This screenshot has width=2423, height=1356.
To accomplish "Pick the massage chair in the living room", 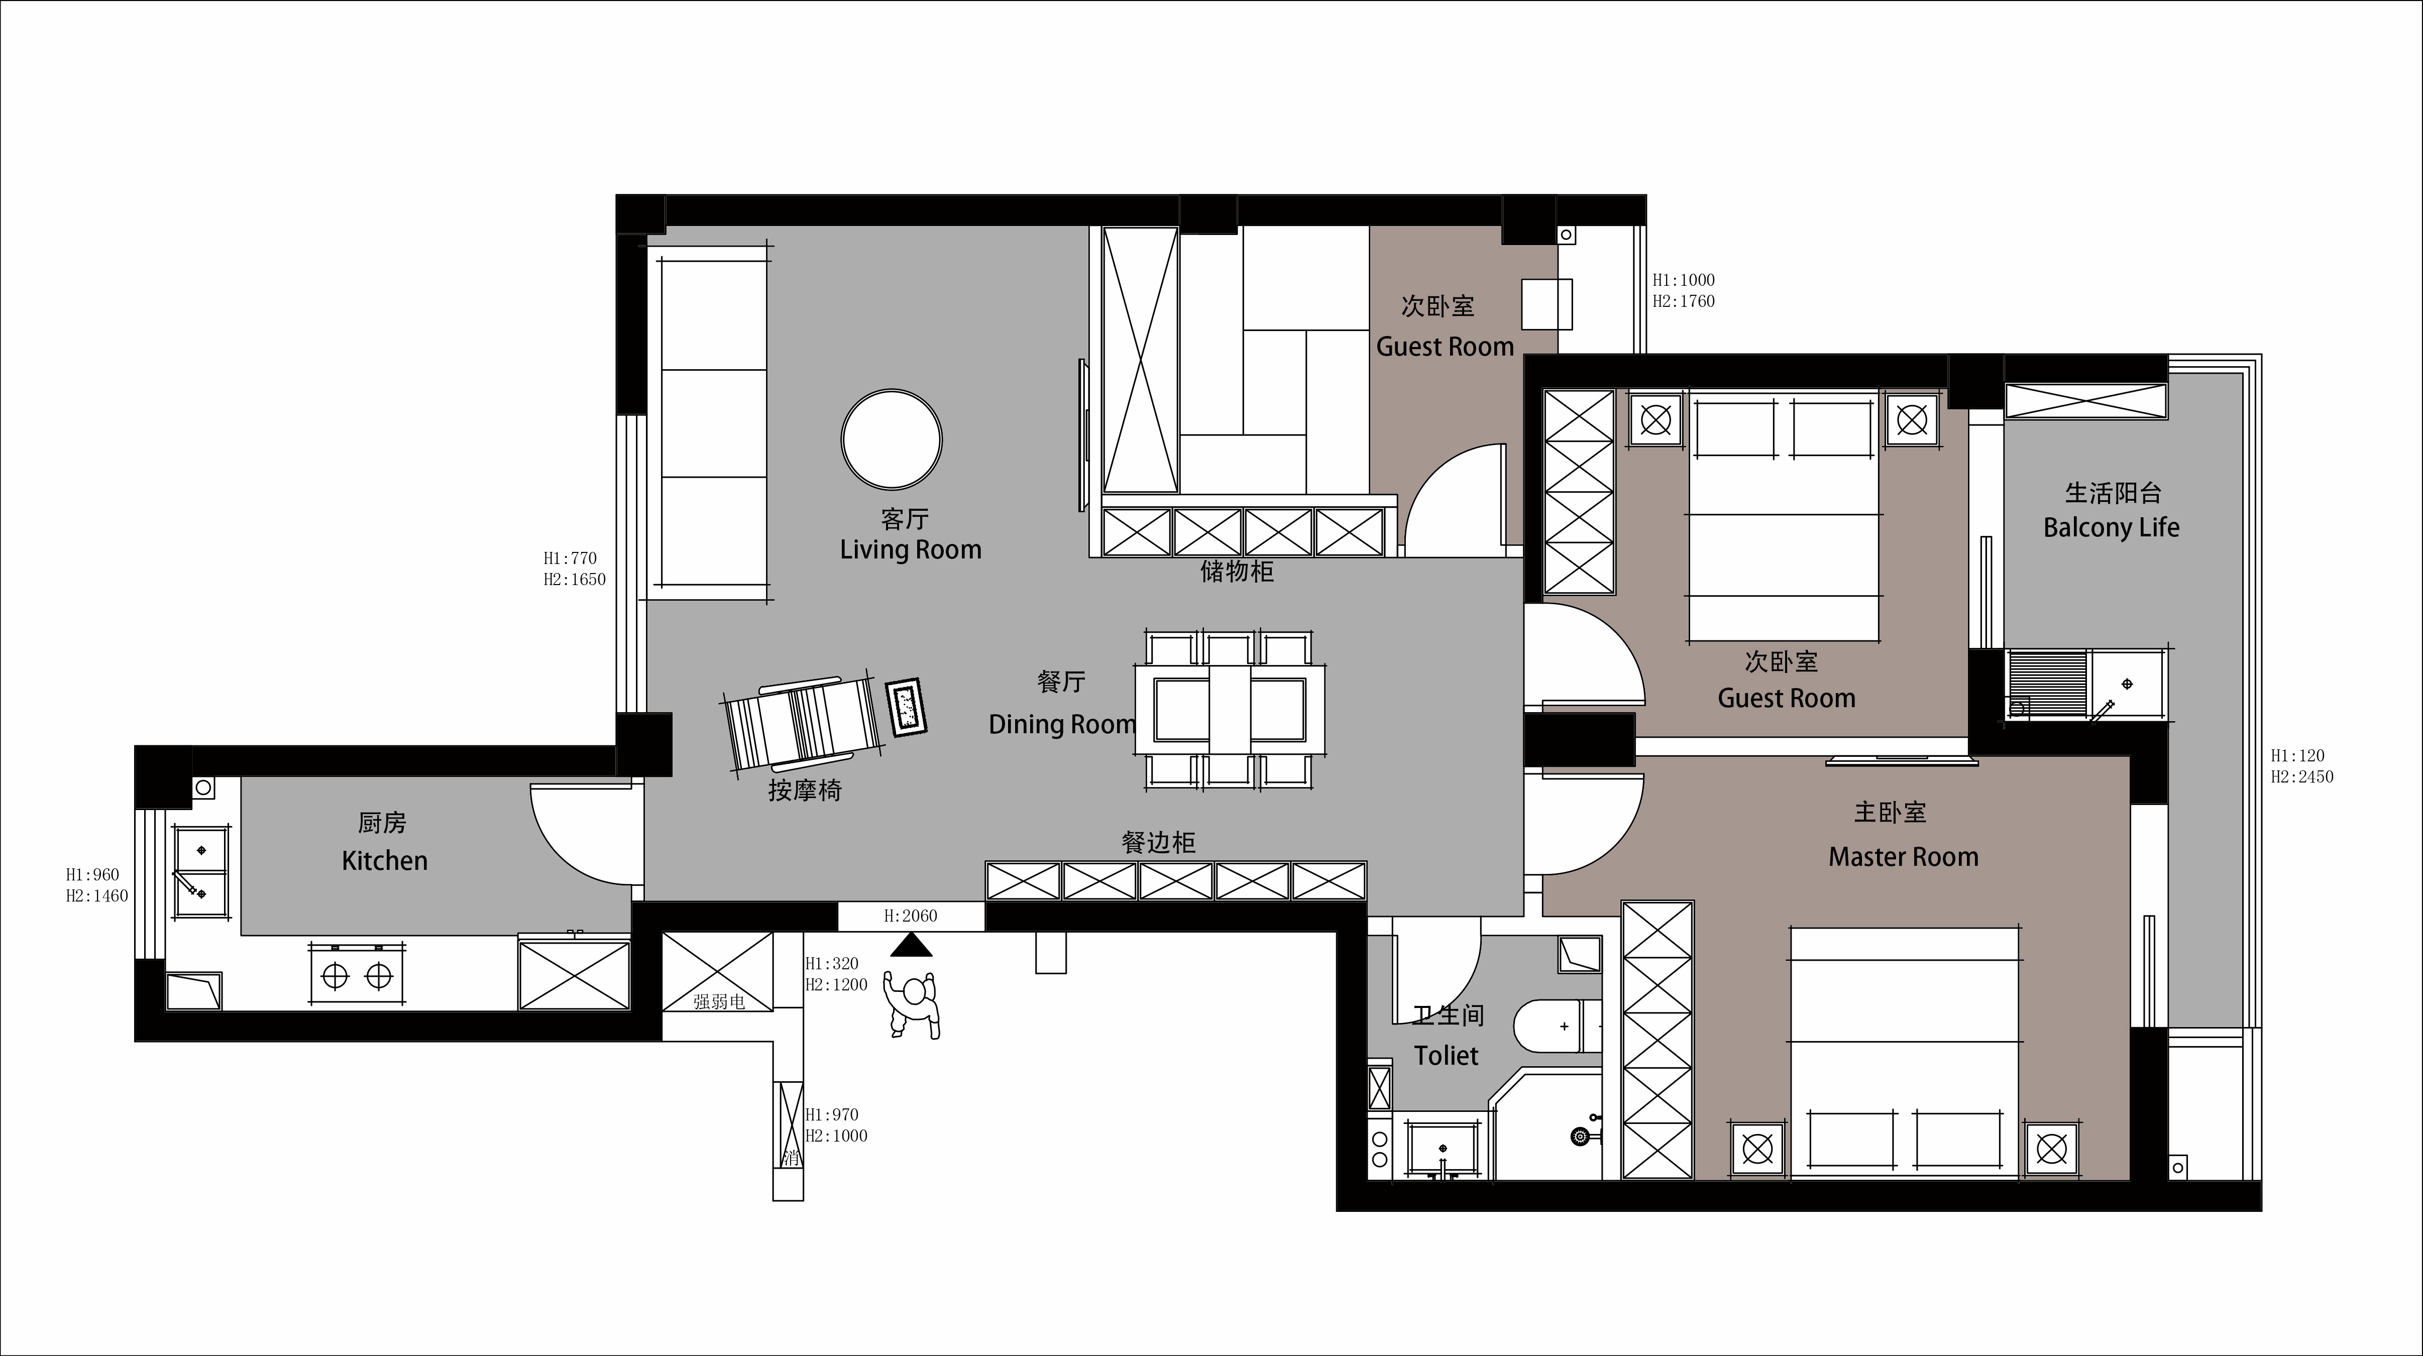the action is click(x=802, y=724).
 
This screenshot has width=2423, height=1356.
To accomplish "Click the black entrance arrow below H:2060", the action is click(x=911, y=945).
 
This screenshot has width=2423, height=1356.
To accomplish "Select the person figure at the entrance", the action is click(x=912, y=1004).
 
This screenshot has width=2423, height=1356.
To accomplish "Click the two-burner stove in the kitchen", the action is click(x=358, y=977).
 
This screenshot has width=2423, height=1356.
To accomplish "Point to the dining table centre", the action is click(x=1230, y=709).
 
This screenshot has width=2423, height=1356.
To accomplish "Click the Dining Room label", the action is click(x=1062, y=724).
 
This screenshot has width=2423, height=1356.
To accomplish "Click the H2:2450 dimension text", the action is click(x=2301, y=777).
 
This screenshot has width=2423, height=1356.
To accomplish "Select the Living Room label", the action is click(x=911, y=550).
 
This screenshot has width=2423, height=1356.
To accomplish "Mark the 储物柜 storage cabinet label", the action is click(x=1237, y=572).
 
